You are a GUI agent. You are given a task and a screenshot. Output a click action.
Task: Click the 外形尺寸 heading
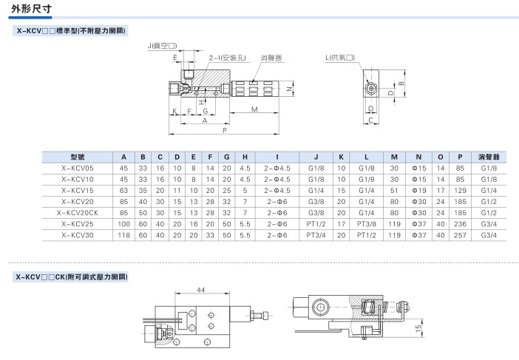click(x=32, y=8)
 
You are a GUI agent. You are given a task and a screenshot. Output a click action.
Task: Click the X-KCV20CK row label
click(x=77, y=213)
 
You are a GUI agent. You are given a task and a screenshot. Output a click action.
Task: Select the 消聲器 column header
click(x=489, y=157)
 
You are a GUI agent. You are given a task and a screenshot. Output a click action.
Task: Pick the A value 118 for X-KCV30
click(x=123, y=235)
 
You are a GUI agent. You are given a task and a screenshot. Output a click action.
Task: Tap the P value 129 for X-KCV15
click(x=460, y=191)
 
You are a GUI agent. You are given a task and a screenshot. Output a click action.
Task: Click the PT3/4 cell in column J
click(x=316, y=235)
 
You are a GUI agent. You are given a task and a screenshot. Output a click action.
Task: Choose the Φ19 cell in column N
click(x=418, y=191)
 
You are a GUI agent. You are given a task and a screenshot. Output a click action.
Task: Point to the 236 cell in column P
click(x=460, y=224)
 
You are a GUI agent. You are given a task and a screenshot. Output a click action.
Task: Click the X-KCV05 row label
click(x=77, y=168)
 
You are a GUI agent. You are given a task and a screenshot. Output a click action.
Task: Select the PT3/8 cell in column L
click(x=367, y=224)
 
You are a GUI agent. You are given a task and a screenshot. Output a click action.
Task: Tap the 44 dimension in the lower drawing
click(x=201, y=290)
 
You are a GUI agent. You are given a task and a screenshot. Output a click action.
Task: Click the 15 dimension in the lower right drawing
click(x=418, y=328)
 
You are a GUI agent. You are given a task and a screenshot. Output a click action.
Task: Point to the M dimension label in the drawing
click(x=254, y=109)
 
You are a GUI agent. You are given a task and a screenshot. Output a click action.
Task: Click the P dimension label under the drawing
click(x=225, y=130)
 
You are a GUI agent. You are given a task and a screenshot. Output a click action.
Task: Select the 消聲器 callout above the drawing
click(x=271, y=58)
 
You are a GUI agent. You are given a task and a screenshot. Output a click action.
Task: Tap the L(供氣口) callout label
click(x=340, y=58)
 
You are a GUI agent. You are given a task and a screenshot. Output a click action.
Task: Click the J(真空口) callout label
click(x=162, y=46)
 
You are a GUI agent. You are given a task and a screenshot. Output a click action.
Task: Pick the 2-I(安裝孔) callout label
click(x=228, y=58)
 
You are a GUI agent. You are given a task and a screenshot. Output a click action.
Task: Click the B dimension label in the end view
click(x=401, y=83)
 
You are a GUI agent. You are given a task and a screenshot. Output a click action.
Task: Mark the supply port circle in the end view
click(x=371, y=89)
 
